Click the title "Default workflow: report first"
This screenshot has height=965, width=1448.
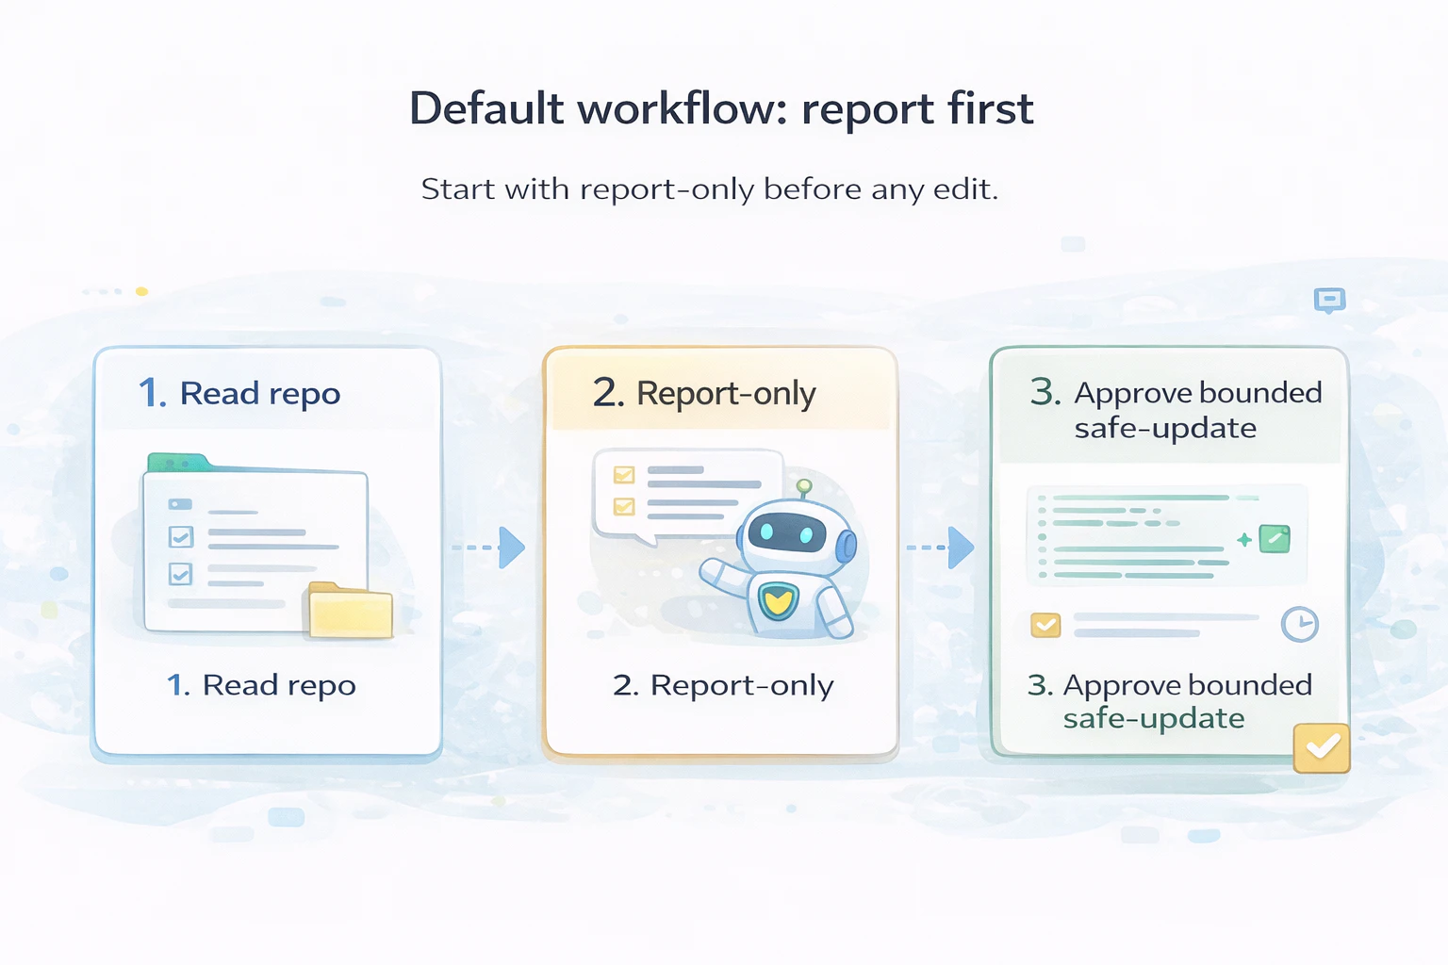click(x=721, y=108)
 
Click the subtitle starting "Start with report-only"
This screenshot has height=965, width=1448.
click(x=709, y=189)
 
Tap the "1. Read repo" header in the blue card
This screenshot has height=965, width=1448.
click(x=239, y=393)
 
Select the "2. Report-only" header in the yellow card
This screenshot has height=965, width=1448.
click(x=704, y=393)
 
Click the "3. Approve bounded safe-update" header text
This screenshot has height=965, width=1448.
click(x=1176, y=410)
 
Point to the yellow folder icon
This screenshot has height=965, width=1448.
click(x=350, y=611)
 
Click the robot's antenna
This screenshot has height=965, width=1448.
click(x=803, y=487)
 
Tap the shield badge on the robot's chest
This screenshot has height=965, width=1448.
click(x=778, y=599)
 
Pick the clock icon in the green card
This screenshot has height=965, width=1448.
click(x=1299, y=624)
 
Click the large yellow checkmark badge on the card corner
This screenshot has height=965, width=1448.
click(x=1322, y=748)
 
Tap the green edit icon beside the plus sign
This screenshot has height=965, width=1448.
click(x=1275, y=539)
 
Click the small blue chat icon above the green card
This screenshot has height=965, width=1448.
click(x=1329, y=301)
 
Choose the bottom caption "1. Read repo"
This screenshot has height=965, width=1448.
click(x=261, y=685)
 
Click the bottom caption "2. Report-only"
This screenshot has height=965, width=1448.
click(x=723, y=685)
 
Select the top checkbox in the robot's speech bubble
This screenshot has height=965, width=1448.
click(x=624, y=475)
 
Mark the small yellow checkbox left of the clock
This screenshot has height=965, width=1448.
click(x=1045, y=625)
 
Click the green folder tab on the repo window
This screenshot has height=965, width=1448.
click(x=177, y=463)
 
